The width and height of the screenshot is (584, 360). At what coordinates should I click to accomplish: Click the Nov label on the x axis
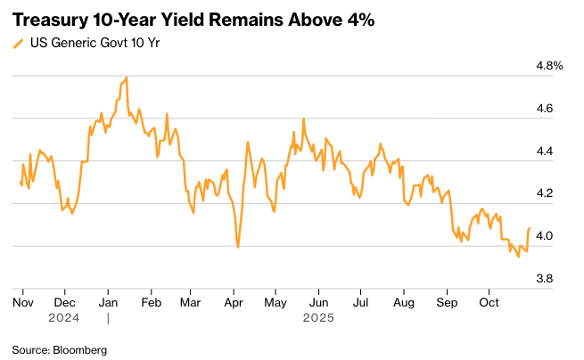point(22,303)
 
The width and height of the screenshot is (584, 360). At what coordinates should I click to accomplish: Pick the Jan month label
point(109,303)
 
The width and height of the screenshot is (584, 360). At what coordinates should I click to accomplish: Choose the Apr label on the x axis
point(234,303)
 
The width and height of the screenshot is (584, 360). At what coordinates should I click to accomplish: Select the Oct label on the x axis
point(488,303)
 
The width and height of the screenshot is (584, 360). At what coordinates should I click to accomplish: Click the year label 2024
point(64,317)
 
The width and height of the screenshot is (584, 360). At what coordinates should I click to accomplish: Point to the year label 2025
point(318,317)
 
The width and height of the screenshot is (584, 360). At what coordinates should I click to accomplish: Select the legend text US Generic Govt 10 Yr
point(86,42)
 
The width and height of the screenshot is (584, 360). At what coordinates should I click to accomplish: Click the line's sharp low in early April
point(237,247)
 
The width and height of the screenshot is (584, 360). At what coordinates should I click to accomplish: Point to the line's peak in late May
point(303,119)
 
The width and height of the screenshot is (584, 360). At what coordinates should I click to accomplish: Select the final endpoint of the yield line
point(530,228)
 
